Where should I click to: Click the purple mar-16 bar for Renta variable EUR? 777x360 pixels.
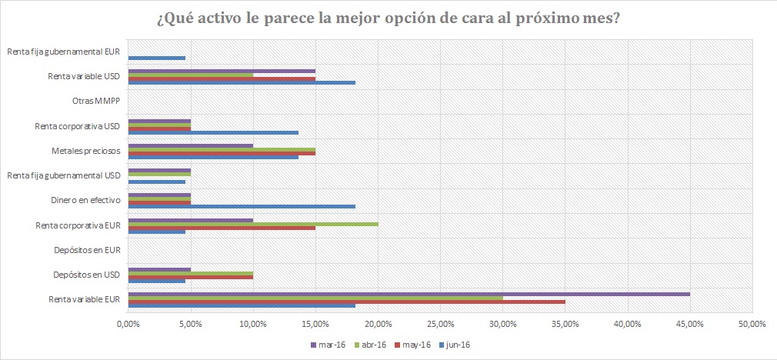(409, 293)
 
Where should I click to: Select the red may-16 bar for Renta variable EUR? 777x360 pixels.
(346, 302)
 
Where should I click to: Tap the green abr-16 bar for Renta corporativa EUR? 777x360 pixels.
(252, 224)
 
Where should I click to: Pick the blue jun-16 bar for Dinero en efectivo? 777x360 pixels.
(242, 206)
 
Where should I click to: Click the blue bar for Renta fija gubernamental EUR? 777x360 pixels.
(157, 58)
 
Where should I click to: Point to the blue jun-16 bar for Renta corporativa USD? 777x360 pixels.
(213, 132)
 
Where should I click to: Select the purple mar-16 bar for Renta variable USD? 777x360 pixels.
(222, 71)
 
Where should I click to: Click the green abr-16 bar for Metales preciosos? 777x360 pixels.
(222, 149)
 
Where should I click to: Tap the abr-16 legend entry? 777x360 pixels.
(366, 345)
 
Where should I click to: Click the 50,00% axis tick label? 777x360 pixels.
(752, 323)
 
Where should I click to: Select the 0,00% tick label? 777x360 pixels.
(128, 323)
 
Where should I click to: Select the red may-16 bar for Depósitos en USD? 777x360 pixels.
(191, 277)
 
